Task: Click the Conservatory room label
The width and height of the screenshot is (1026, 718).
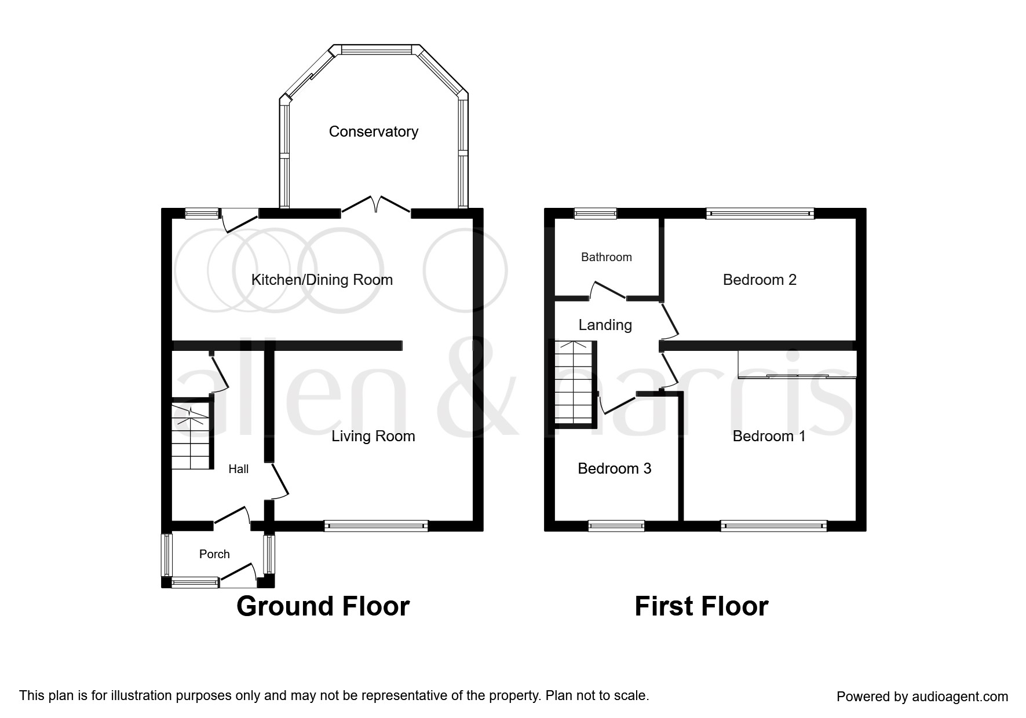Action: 373,131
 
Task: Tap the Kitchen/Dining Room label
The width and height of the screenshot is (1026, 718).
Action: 322,280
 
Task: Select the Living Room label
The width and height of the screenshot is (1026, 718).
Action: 373,436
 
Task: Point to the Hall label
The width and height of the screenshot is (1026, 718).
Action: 238,469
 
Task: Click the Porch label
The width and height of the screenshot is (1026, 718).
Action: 214,554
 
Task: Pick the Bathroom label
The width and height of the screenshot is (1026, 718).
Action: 606,257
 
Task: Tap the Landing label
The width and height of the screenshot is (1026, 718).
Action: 605,325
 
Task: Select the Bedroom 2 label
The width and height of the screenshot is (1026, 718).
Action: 759,280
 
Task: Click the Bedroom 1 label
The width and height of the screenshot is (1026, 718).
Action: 768,436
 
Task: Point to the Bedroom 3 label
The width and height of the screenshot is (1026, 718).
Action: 614,468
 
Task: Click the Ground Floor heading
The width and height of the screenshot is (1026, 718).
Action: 323,606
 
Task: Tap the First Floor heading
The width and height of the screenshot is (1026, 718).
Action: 701,606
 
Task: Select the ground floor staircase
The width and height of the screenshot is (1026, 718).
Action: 191,434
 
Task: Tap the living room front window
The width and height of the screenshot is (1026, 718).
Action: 376,526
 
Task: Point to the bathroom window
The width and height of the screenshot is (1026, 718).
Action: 595,214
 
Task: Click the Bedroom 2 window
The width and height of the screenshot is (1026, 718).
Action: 760,214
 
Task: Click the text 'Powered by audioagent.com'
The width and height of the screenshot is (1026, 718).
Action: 922,697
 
